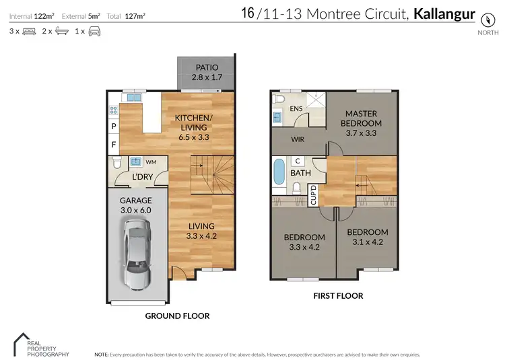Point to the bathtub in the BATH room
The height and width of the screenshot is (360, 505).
pyautogui.click(x=279, y=172)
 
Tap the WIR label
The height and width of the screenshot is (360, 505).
pyautogui.click(x=299, y=140)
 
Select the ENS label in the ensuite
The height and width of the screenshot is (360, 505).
pyautogui.click(x=296, y=108)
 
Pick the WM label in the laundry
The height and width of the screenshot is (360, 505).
pyautogui.click(x=151, y=162)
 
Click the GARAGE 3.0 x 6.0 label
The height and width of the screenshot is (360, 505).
pyautogui.click(x=135, y=205)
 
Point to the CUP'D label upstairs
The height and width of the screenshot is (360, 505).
pyautogui.click(x=313, y=196)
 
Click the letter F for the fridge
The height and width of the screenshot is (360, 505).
pyautogui.click(x=113, y=144)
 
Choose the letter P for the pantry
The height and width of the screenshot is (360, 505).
pyautogui.click(x=113, y=126)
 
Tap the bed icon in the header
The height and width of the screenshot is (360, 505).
pyautogui.click(x=29, y=31)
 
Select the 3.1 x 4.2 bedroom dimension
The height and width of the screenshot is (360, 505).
pyautogui.click(x=367, y=242)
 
